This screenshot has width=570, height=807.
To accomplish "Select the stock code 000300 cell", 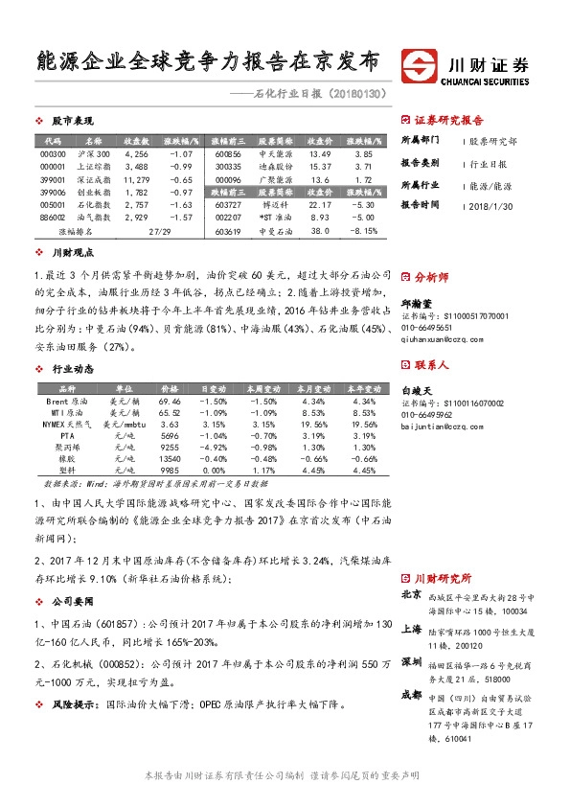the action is point(54,153).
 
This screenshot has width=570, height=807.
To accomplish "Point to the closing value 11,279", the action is point(136,179).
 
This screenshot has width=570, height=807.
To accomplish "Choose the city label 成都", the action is point(411,693).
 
